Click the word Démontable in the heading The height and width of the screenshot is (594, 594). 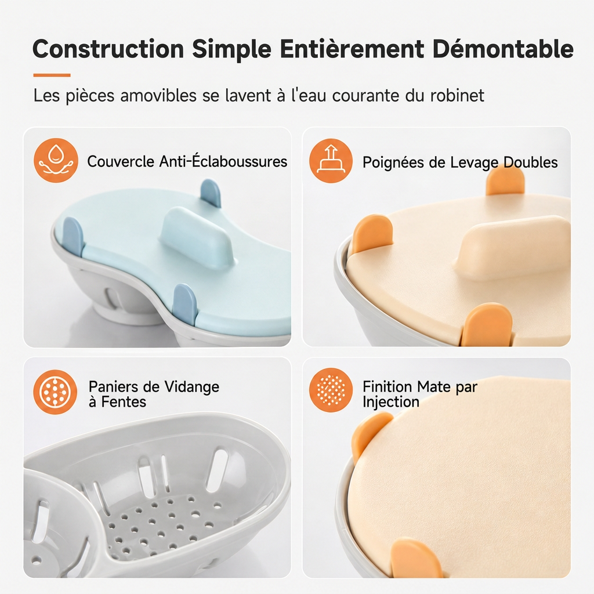503,49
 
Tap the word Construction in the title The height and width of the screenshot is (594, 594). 108,49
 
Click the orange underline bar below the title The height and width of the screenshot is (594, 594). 52,75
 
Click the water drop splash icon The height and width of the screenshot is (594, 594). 56,160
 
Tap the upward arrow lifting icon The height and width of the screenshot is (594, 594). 331,161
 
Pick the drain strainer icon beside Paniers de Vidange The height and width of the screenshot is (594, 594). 55,392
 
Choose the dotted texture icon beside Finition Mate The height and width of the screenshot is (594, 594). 331,390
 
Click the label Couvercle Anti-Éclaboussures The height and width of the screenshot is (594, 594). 187,161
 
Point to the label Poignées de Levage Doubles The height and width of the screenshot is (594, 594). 460,162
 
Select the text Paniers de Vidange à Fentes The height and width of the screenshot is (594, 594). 154,394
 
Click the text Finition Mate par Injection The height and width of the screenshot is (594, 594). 420,394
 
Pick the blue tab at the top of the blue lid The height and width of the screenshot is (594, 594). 211,193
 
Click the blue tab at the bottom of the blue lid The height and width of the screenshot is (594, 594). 185,303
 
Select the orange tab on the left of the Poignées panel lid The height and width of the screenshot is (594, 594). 372,234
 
